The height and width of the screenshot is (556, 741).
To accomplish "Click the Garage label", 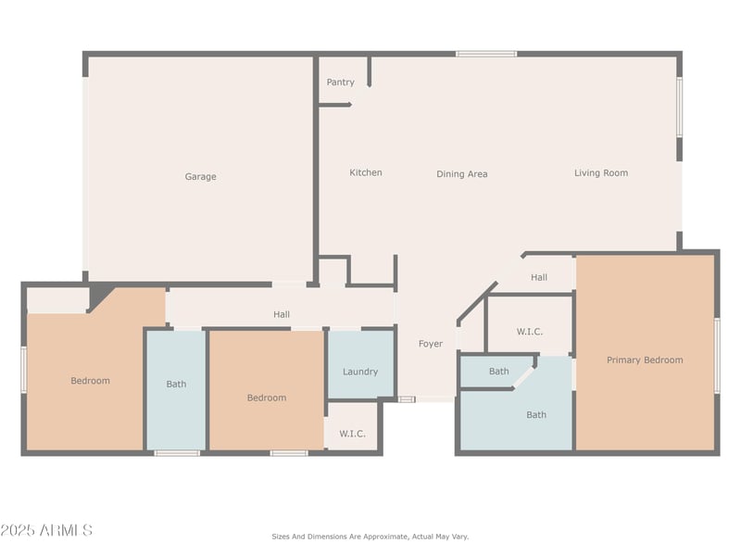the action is [200, 176].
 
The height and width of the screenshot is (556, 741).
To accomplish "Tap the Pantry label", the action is [340, 82].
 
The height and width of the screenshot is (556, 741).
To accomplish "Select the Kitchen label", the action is [366, 172].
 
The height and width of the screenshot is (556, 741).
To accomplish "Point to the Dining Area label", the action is [461, 174].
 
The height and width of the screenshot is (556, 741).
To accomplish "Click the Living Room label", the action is [601, 173].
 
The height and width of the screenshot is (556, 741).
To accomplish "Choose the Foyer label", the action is [431, 344].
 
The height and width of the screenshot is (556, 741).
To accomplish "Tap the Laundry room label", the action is [360, 372].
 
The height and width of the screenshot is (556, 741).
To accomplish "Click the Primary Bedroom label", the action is [645, 360].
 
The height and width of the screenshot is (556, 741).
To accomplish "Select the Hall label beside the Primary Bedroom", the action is [539, 277].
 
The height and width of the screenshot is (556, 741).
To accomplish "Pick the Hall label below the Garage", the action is [282, 314].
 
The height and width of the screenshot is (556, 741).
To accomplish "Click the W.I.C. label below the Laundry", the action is [352, 434].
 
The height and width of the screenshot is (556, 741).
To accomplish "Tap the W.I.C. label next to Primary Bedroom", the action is [529, 332].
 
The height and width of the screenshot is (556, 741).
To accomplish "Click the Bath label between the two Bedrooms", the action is [176, 384].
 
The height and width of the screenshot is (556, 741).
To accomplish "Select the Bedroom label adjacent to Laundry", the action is [267, 398].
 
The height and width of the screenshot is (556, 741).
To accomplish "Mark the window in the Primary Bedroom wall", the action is [717, 355].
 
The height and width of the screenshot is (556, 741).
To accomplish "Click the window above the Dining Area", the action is [486, 54].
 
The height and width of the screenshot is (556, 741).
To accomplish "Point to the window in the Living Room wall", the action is [680, 107].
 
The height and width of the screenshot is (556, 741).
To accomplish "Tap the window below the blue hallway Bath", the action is [177, 453].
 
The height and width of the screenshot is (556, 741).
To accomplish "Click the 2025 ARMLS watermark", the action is [46, 530].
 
